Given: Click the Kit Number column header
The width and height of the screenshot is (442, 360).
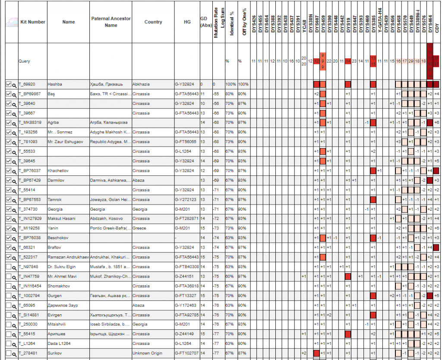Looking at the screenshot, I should tap(33, 22).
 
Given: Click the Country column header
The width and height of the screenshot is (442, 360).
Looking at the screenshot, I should tap(153, 22).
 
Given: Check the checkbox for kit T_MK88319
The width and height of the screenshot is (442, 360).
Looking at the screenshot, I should tap(9, 122).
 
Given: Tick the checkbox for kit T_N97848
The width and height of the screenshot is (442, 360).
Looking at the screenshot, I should tap(9, 266).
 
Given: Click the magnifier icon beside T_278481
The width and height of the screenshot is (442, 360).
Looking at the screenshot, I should tap(14, 353).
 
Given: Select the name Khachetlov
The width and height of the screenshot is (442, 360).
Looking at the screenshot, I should tap(58, 171).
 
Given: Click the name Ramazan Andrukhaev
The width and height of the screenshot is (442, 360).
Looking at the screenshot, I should tap(68, 257).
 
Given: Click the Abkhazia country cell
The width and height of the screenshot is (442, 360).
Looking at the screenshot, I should tap(142, 84).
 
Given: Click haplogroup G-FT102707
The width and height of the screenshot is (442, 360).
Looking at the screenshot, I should tap(187, 353).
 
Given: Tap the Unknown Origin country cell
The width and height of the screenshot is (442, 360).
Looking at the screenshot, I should tap(147, 353).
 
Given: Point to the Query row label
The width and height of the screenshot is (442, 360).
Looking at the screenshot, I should tap(24, 61).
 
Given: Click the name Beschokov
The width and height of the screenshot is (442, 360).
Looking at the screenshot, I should tap(58, 238).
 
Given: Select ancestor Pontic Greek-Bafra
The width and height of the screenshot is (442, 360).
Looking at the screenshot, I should tap(110, 228).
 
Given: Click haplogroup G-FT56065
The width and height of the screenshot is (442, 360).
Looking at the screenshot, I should tap(186, 142).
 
